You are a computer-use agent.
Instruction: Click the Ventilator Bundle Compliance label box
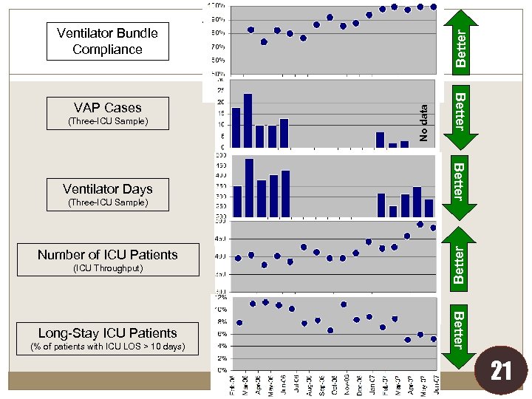[x=108, y=41]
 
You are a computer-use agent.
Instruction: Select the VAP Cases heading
[x=108, y=108]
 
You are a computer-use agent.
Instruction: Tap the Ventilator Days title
[x=108, y=189]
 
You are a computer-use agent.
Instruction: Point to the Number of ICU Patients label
[x=108, y=255]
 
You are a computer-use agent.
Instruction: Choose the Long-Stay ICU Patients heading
[x=108, y=333]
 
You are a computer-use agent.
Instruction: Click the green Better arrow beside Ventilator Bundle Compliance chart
[x=460, y=40]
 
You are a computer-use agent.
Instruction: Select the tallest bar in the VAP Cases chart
[x=248, y=120]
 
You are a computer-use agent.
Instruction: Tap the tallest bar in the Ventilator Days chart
[x=249, y=188]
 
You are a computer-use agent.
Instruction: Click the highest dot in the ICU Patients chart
[x=420, y=224]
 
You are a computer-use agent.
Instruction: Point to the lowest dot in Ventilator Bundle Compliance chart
[x=264, y=41]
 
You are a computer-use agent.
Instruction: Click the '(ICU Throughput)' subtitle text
[x=108, y=268]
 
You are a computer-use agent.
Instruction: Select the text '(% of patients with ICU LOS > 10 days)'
[x=108, y=347]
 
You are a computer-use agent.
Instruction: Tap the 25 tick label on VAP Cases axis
[x=221, y=91]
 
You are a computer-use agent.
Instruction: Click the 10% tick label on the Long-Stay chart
[x=221, y=309]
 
